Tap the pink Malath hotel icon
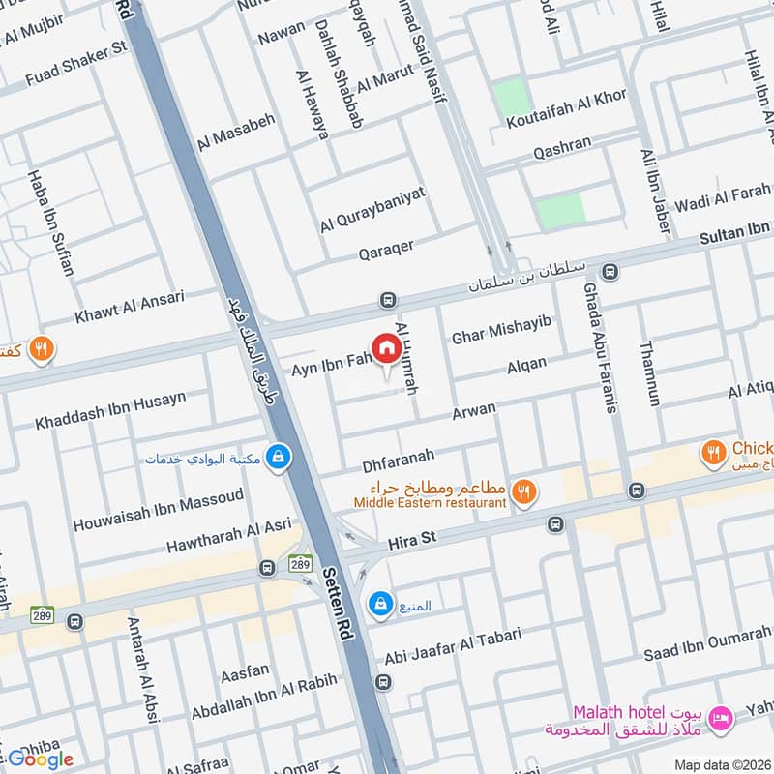[x=720, y=717]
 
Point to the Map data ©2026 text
[x=721, y=764]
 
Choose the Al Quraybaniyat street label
[x=372, y=210]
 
